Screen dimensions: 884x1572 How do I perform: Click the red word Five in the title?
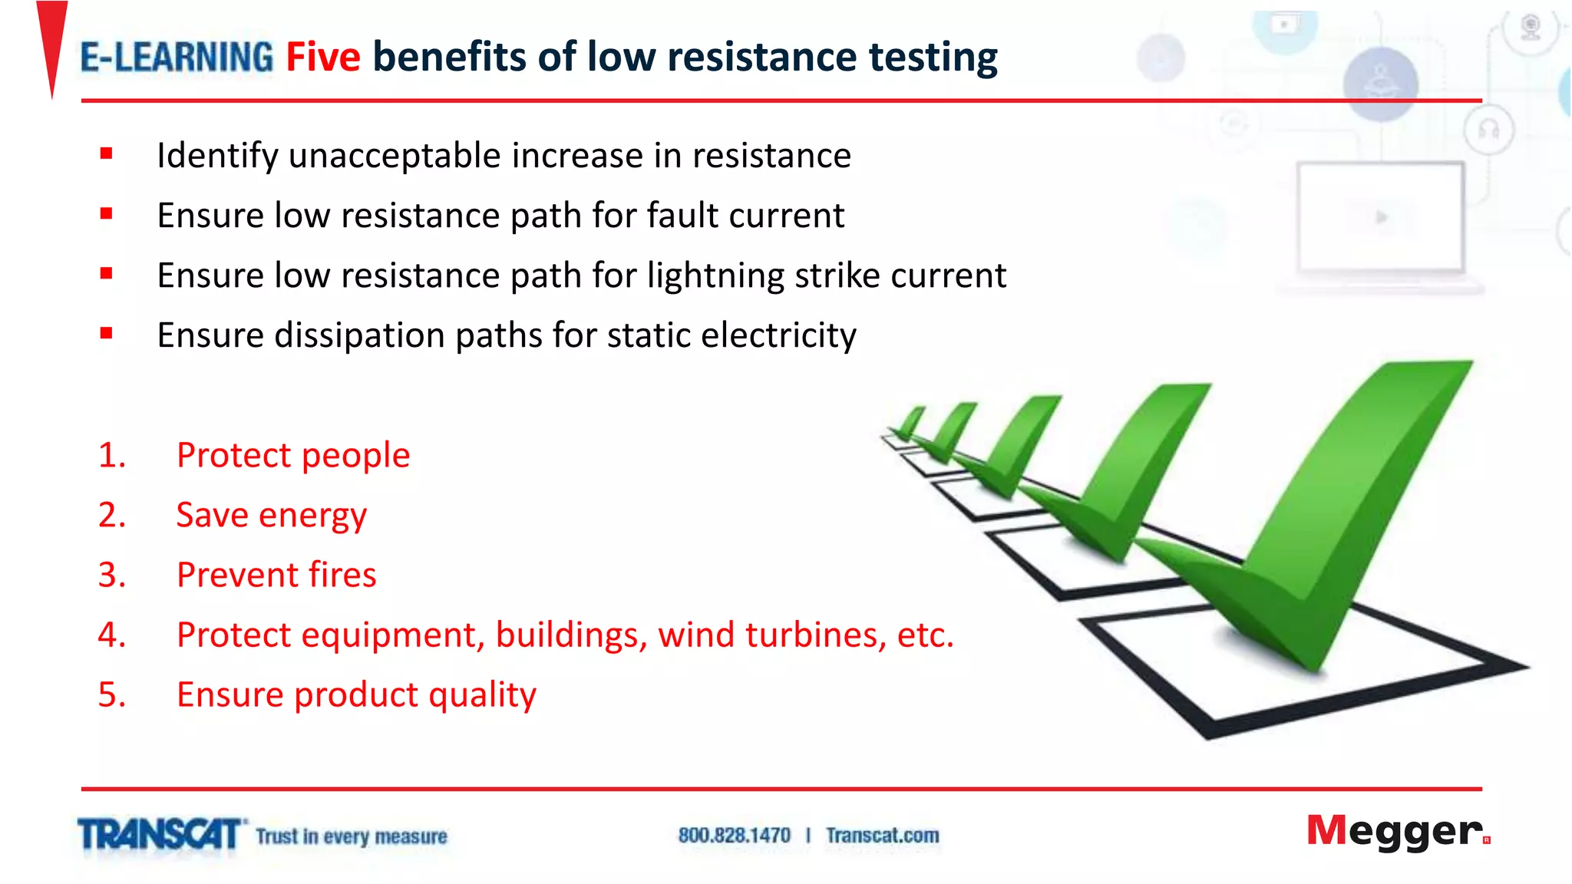(x=322, y=58)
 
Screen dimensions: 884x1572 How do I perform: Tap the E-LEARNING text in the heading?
(x=177, y=58)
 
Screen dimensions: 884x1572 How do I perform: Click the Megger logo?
(x=1397, y=832)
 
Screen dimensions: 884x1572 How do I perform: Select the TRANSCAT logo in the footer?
(x=160, y=835)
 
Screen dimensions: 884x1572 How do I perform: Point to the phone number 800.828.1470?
(x=734, y=836)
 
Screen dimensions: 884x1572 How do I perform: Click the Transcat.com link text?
(x=882, y=836)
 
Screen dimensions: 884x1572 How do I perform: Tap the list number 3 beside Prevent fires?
(x=111, y=576)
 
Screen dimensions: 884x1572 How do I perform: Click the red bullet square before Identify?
(x=106, y=154)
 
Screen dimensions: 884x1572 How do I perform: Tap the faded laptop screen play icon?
(x=1382, y=218)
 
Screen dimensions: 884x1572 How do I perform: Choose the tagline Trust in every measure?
(x=351, y=836)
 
